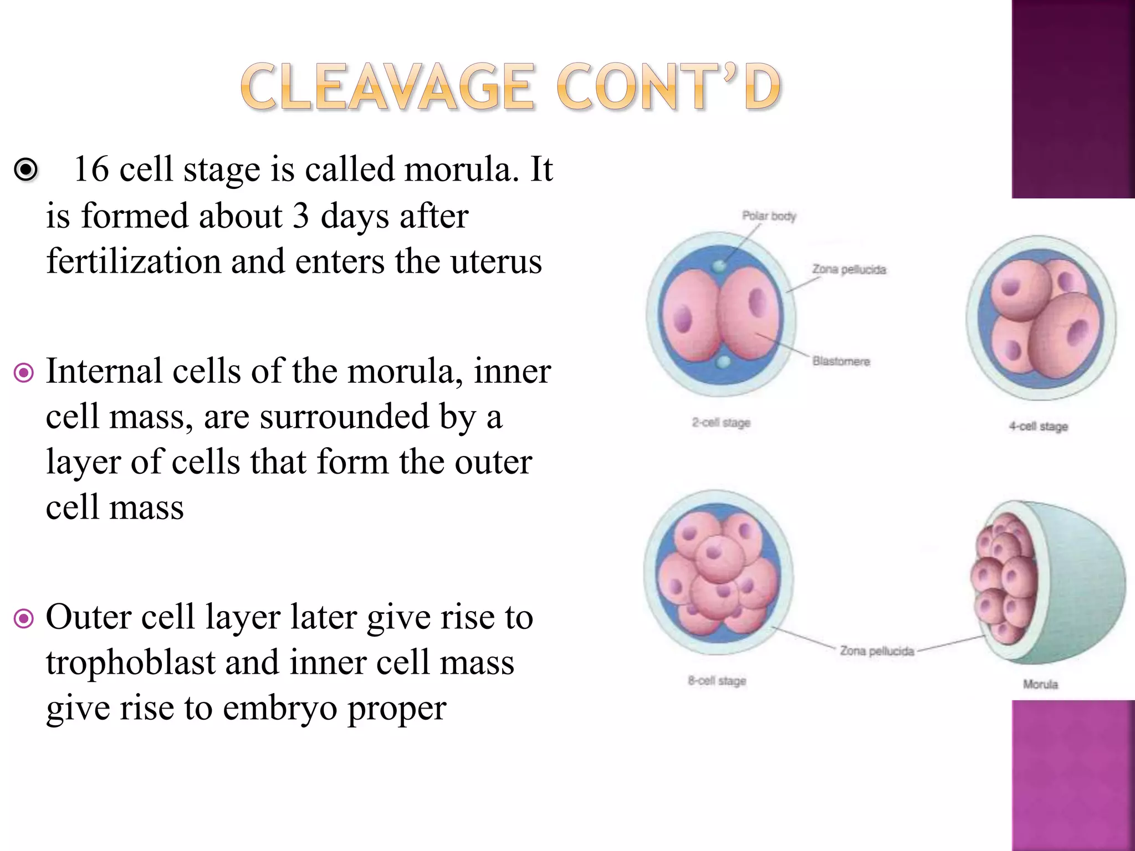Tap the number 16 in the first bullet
[91, 169]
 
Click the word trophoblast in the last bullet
[131, 663]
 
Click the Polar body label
[769, 216]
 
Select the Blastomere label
[841, 361]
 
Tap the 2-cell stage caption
[720, 423]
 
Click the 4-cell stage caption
[1038, 426]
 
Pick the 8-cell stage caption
[717, 680]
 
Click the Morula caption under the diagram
[1040, 684]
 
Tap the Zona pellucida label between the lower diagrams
[876, 651]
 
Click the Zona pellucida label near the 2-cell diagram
[849, 269]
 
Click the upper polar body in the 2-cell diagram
[719, 266]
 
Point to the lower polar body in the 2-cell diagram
[723, 362]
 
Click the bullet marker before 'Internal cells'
[24, 372]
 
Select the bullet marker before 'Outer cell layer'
[24, 618]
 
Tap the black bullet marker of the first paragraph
[26, 170]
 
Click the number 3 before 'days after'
[300, 216]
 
